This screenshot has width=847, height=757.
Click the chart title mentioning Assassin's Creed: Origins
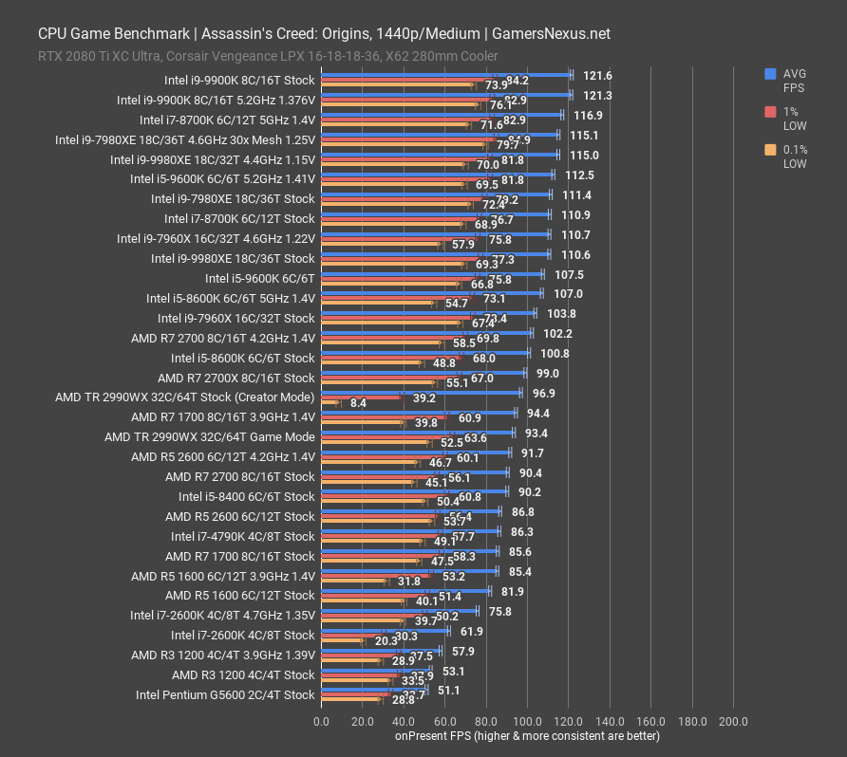324,33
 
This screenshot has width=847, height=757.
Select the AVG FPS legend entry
794,80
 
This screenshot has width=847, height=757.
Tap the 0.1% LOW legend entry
794,157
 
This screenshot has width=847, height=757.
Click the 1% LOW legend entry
794,119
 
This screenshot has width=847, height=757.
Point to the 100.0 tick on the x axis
527,722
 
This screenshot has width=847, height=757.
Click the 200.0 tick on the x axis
733,722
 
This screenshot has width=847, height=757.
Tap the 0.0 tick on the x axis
322,722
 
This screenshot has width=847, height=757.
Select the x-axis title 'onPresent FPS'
527,735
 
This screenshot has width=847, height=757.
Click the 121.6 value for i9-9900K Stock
597,76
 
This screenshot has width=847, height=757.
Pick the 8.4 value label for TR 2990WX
359,403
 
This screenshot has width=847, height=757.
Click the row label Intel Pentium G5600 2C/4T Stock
225,695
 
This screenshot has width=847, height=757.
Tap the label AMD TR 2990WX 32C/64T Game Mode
209,437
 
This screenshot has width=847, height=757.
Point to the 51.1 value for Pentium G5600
448,691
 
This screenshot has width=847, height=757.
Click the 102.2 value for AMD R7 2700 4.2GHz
557,334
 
